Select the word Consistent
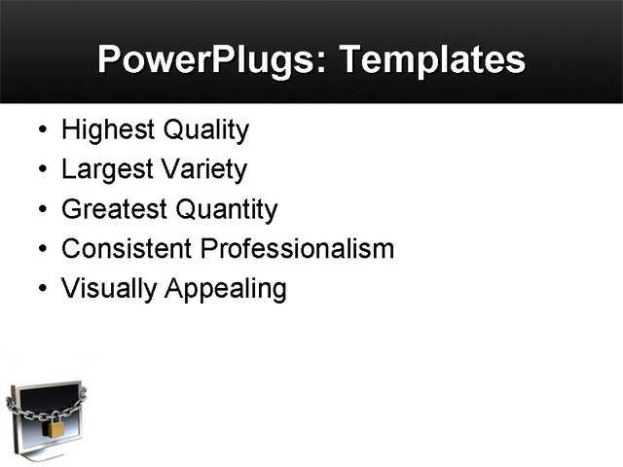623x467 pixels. point(127,249)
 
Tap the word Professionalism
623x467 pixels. point(297,249)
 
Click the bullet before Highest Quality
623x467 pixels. point(40,131)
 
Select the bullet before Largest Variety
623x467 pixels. point(40,171)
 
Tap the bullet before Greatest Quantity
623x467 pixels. point(40,211)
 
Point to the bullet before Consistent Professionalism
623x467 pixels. point(40,250)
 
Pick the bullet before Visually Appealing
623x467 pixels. point(40,290)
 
